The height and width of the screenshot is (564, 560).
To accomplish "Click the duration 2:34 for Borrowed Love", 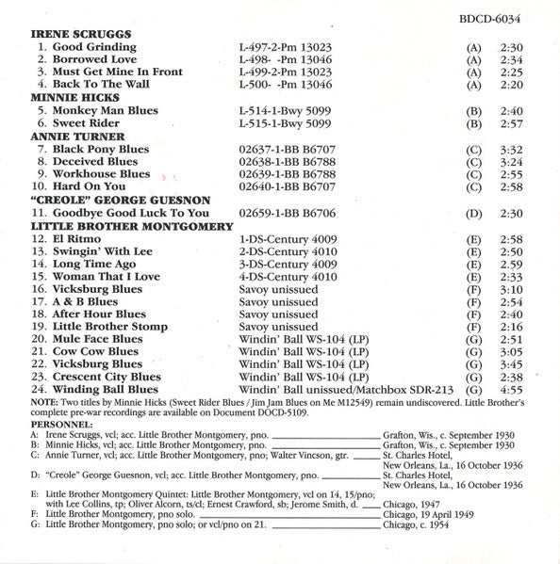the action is (511, 58).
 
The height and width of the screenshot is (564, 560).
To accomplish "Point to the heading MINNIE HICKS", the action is (68, 97).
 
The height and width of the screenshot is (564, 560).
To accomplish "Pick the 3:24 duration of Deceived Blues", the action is (511, 162).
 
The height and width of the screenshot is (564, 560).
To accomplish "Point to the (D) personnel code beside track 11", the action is (474, 214).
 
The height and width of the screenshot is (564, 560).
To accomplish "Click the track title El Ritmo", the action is (78, 240).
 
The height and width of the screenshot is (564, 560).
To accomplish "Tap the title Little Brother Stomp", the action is (111, 326).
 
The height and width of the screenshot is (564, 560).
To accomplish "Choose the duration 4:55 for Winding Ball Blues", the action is (511, 390).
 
